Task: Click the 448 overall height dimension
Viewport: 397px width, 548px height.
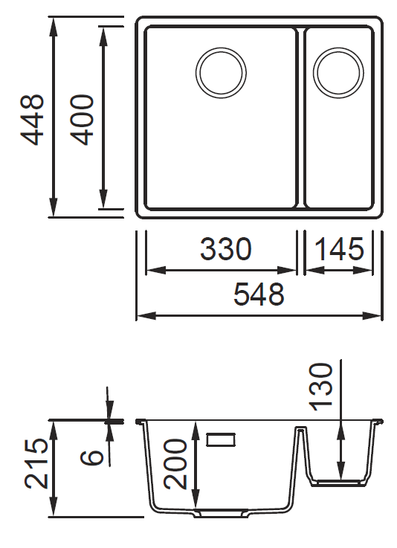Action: tap(33, 119)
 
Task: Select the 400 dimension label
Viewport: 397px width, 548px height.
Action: tap(82, 119)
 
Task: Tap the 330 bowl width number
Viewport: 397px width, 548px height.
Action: tap(226, 249)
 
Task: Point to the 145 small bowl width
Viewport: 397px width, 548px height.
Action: tap(339, 249)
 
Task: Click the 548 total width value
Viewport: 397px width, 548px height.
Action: tap(259, 294)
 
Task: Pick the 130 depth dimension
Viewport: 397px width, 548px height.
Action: tap(321, 387)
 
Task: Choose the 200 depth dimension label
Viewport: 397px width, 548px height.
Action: tap(175, 464)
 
